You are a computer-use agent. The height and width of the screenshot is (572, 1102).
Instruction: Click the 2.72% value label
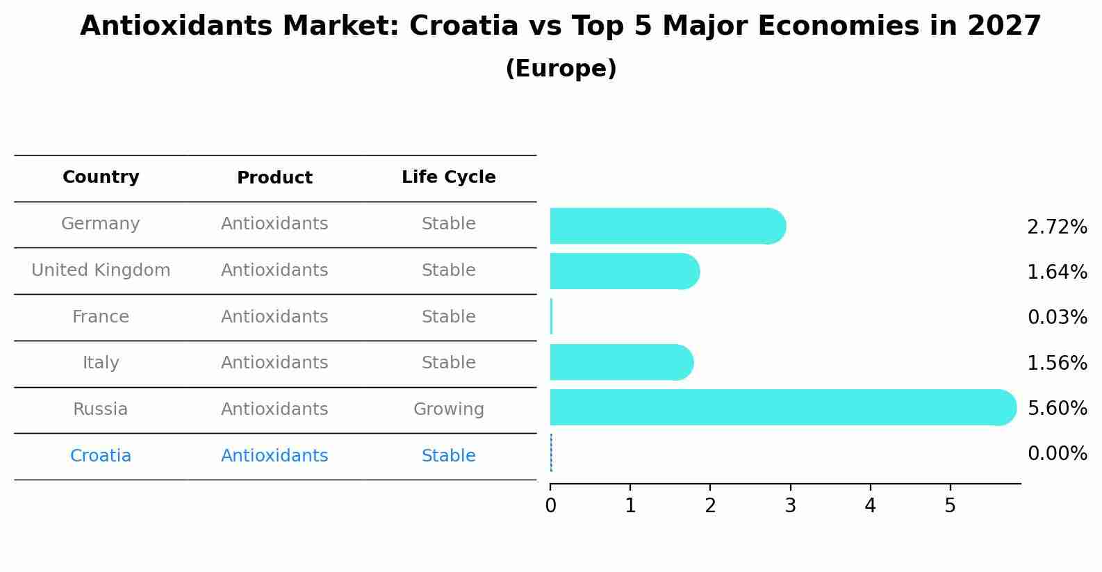point(1057,227)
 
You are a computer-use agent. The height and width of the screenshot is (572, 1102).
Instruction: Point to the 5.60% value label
point(1057,408)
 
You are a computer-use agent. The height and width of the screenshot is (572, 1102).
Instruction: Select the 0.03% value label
point(1057,318)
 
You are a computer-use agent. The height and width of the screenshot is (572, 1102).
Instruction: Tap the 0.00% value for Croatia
point(1057,454)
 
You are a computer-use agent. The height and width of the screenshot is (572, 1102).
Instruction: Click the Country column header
point(101,177)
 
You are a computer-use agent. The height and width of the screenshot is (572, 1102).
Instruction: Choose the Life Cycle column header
point(448,177)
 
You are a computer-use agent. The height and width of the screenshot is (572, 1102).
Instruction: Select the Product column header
point(274,178)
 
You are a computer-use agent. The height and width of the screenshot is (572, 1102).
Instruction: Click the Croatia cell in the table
point(101,456)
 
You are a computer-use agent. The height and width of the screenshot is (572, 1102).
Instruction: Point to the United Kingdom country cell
point(101,270)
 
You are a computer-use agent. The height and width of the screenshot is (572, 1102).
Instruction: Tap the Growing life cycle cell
point(448,409)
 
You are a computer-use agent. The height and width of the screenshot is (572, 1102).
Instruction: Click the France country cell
point(101,317)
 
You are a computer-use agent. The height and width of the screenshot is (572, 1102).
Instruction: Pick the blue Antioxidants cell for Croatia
point(274,456)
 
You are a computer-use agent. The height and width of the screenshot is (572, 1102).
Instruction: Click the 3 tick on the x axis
point(790,506)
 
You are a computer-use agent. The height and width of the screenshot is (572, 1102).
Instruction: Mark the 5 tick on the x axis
point(950,506)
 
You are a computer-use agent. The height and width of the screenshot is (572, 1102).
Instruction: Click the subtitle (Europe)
point(561,69)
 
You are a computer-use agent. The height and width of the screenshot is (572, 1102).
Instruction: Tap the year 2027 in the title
point(1004,26)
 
